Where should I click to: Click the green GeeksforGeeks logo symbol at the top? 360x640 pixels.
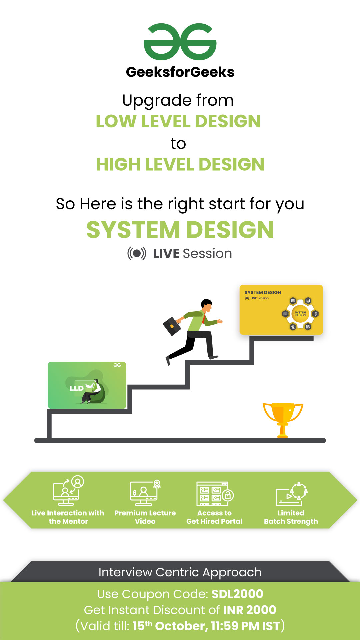(180, 42)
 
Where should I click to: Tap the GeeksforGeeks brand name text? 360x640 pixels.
(180, 72)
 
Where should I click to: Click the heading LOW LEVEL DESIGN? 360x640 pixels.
(178, 121)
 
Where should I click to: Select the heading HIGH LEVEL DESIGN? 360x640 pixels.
(180, 164)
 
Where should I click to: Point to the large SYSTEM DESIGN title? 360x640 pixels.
(180, 230)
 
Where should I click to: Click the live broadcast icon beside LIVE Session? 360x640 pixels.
(137, 253)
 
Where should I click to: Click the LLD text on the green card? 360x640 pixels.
(76, 388)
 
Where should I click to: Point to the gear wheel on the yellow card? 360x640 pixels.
(300, 314)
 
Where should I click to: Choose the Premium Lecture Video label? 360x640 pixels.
(145, 517)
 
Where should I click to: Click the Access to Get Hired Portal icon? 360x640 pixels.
(215, 494)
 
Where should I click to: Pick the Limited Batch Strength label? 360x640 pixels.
(291, 517)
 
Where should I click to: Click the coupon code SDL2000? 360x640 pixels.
(237, 594)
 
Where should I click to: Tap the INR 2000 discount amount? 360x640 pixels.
(250, 610)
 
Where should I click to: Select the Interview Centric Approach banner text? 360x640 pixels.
(180, 572)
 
